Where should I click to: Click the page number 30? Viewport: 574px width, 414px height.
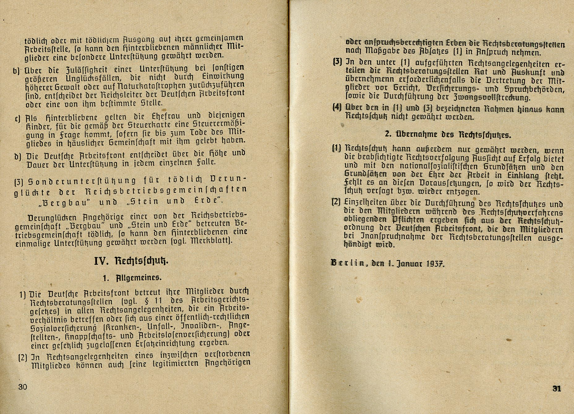point(23,387)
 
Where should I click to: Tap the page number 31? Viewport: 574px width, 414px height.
point(557,388)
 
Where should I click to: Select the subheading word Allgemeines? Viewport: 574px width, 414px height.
point(139,278)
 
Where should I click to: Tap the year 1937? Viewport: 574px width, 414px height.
point(435,264)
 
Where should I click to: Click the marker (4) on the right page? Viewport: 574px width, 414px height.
point(337,108)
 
